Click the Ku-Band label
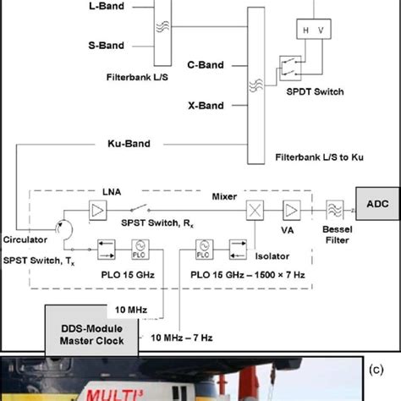tap(129, 144)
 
